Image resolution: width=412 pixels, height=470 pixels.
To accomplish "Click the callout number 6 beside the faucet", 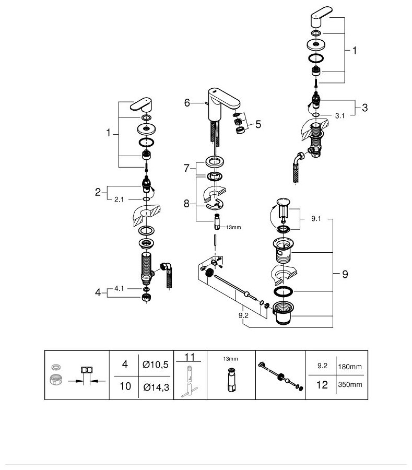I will click(x=187, y=103).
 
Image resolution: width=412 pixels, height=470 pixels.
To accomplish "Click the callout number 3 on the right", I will click(x=364, y=108).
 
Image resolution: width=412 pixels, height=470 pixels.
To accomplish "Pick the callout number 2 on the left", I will click(x=98, y=192).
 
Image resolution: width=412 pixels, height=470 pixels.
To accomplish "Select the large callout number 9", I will click(x=345, y=274).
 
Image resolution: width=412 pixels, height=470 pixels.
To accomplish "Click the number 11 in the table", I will click(x=189, y=358).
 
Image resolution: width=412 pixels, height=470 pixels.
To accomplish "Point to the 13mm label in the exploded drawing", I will click(x=233, y=227).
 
